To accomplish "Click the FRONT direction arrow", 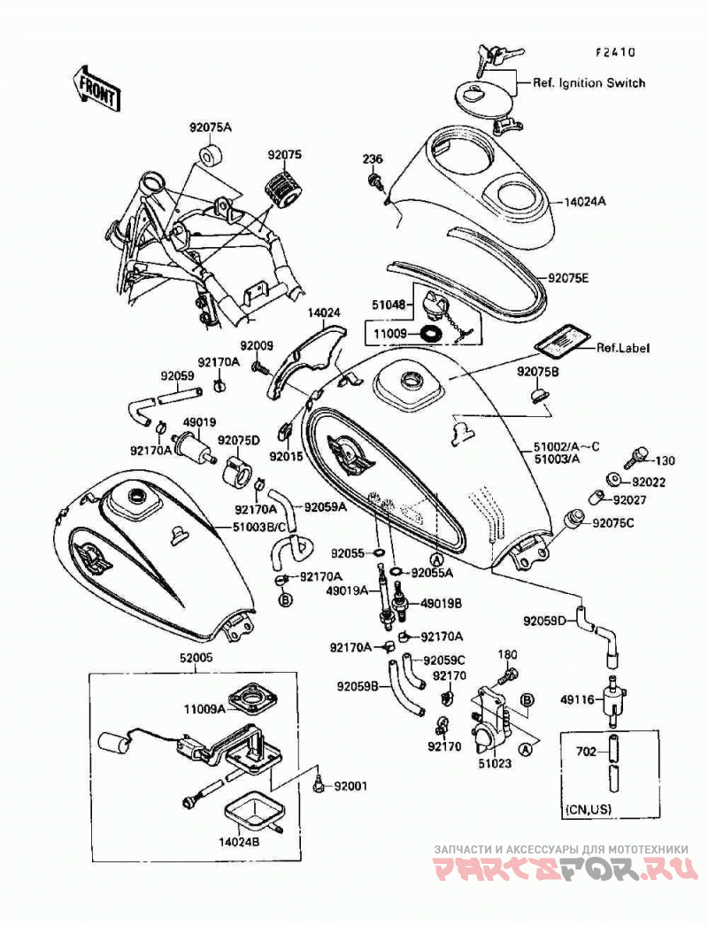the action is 96,88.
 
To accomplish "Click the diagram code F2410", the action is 615,52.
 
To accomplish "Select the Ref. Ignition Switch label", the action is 589,82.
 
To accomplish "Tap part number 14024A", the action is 585,201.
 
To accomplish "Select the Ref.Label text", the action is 622,348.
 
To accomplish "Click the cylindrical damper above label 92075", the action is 285,185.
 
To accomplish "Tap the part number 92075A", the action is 211,127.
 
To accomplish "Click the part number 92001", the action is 350,786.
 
